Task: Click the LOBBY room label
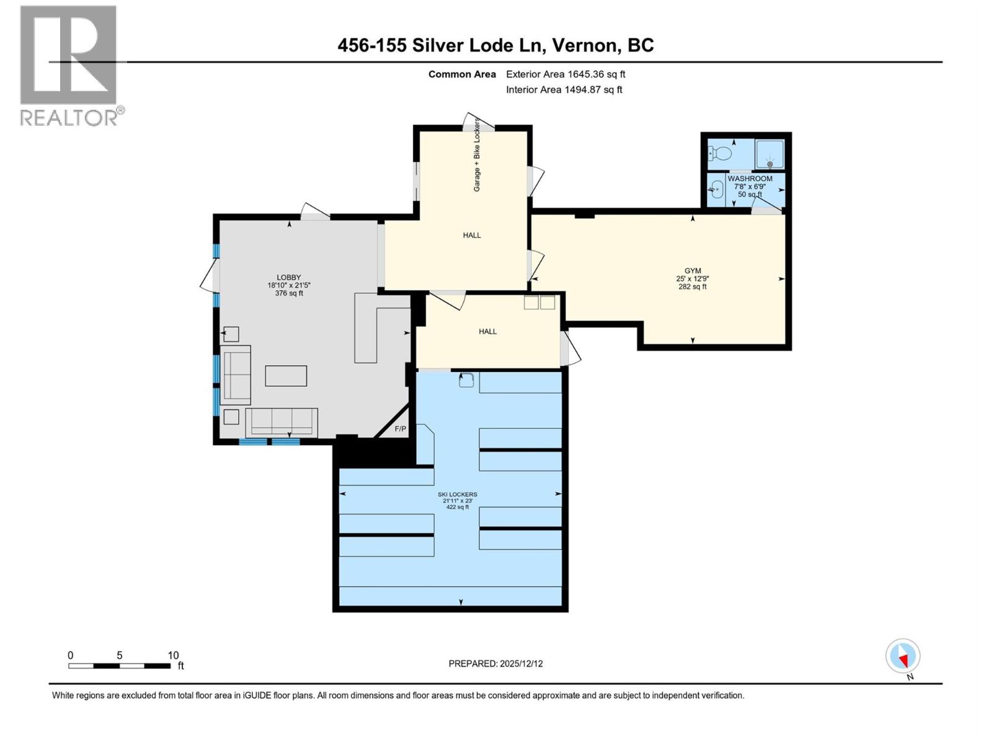[288, 278]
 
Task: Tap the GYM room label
[693, 271]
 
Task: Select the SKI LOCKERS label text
[458, 495]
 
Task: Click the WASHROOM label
[750, 179]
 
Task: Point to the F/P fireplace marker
[401, 429]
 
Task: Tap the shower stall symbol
[769, 155]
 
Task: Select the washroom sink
[717, 187]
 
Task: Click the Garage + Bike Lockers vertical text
[477, 155]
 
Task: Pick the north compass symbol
[903, 657]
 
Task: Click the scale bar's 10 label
[173, 655]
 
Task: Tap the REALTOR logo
[69, 65]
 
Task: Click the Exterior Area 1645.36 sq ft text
[565, 74]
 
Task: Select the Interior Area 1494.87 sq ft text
[564, 90]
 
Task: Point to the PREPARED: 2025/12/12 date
[495, 663]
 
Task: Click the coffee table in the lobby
[286, 376]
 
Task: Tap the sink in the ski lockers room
[466, 380]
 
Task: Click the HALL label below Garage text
[472, 236]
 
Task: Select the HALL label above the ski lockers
[487, 332]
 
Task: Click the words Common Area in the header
[462, 74]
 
